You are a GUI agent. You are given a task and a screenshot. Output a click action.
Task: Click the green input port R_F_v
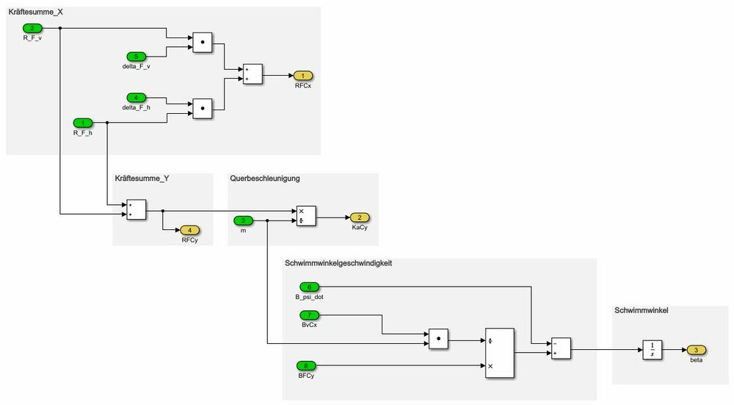click(x=32, y=29)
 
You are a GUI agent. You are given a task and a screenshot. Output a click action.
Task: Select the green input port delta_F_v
click(x=137, y=57)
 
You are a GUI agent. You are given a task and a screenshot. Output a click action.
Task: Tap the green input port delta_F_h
click(x=137, y=98)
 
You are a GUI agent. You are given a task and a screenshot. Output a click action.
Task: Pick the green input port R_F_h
click(x=82, y=123)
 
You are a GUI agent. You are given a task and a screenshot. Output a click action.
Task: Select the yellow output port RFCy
click(x=189, y=230)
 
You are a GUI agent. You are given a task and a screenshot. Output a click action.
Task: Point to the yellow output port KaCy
click(x=360, y=218)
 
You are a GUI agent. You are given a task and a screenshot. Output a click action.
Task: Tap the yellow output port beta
click(x=697, y=350)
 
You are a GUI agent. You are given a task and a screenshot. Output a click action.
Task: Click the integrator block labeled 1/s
click(x=653, y=350)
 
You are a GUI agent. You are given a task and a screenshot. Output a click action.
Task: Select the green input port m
click(x=244, y=221)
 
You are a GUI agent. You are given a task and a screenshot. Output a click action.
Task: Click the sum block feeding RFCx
click(x=252, y=74)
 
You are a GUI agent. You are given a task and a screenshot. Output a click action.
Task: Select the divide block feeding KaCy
click(x=306, y=215)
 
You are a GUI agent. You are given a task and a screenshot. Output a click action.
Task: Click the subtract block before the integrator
click(x=560, y=348)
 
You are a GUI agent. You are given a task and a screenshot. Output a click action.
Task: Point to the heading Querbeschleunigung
click(x=265, y=178)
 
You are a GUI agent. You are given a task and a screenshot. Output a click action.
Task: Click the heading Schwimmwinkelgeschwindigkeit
click(x=338, y=263)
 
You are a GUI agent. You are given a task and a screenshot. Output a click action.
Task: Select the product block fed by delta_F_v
click(x=202, y=43)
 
